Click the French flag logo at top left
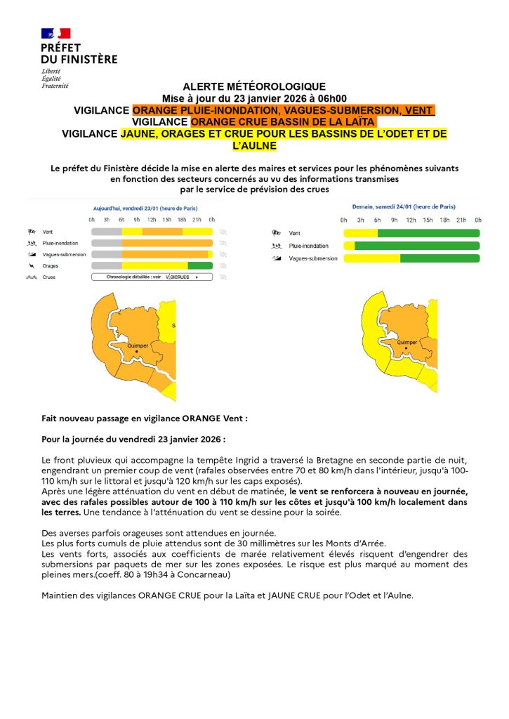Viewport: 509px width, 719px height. coord(56,33)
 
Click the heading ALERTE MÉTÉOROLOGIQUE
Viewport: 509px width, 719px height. coord(254,86)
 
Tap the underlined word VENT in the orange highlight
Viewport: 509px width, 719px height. coord(419,110)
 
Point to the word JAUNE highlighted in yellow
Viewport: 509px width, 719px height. coord(138,134)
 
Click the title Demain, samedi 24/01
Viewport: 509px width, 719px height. coord(403,207)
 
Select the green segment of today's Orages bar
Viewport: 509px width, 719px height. coord(200,265)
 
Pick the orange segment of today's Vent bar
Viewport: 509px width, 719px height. coord(162,232)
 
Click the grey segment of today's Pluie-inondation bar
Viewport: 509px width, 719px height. coord(107,243)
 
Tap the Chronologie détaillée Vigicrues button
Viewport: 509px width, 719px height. coord(151,277)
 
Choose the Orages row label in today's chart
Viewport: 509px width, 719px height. coord(51,266)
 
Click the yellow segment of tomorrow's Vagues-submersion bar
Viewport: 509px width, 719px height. coord(371,258)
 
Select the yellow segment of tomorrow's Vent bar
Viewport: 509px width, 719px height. coord(360,233)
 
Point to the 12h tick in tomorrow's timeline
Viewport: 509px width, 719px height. coord(411,220)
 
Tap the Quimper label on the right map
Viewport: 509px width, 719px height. coord(407,343)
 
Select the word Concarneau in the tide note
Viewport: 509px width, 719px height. coord(206,575)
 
